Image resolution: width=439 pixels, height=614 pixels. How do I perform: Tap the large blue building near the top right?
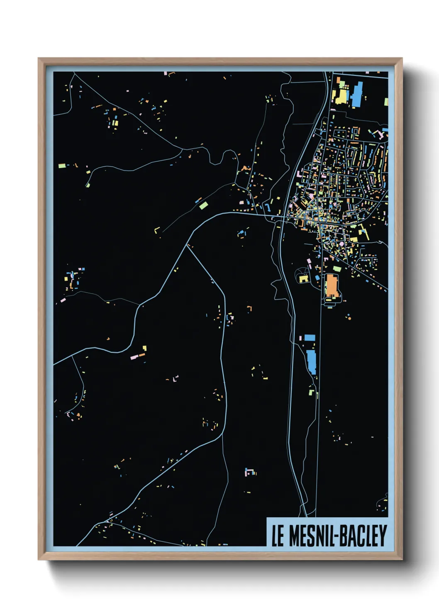pyautogui.click(x=356, y=95)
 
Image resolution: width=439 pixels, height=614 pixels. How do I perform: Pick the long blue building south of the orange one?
pyautogui.click(x=311, y=362)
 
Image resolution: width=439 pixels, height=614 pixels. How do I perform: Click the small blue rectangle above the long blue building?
pyautogui.click(x=310, y=338)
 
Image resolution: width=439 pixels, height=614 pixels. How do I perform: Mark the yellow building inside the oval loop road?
pyautogui.click(x=304, y=278)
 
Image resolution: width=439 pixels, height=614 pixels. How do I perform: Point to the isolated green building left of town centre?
pyautogui.click(x=203, y=205)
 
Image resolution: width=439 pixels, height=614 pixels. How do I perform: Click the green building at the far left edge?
pyautogui.click(x=62, y=166)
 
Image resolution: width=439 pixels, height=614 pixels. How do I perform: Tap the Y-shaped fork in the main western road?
pyautogui.click(x=189, y=245)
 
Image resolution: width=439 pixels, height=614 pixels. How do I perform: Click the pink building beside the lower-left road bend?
pyautogui.click(x=134, y=357)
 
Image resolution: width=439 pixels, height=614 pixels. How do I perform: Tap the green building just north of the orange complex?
pyautogui.click(x=337, y=269)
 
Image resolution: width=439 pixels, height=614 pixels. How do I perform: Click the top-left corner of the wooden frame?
pyautogui.click(x=39, y=59)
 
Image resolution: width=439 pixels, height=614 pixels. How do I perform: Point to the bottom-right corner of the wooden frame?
pyautogui.click(x=402, y=559)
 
